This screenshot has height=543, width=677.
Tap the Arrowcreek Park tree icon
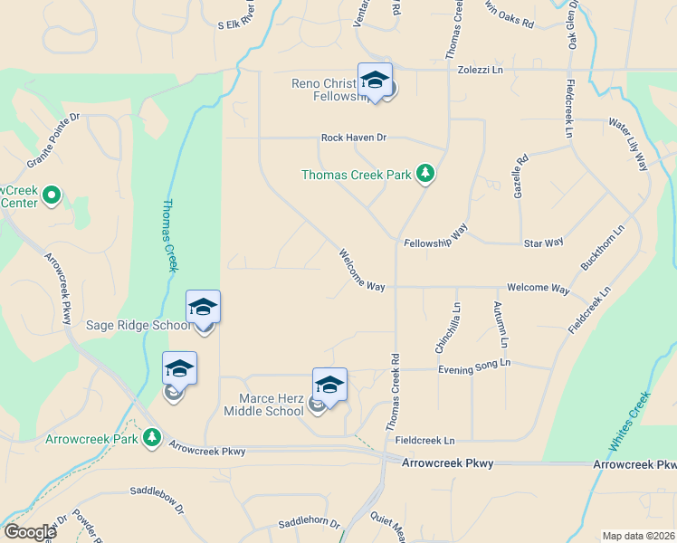(152, 439)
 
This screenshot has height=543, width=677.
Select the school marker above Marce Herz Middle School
(329, 386)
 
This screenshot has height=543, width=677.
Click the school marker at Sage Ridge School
(203, 309)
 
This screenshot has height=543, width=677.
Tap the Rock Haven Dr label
(353, 138)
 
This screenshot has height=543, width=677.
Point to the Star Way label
(543, 243)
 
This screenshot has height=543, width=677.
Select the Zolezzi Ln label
(479, 69)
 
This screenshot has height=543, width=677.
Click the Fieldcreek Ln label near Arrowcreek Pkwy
(424, 440)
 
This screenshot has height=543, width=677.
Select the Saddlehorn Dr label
(308, 523)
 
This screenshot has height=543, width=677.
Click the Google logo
(29, 532)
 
